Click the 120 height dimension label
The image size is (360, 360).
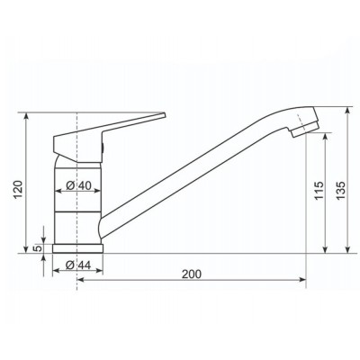[19, 190]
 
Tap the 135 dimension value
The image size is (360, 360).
[340, 191]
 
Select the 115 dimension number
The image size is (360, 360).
[319, 191]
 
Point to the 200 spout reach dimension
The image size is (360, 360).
[192, 274]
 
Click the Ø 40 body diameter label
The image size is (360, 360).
[78, 185]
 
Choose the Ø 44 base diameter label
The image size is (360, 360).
[77, 265]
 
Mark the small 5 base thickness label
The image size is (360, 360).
[38, 248]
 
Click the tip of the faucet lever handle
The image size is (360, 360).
[165, 114]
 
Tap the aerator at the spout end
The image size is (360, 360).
[305, 130]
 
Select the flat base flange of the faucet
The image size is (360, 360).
[77, 248]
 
